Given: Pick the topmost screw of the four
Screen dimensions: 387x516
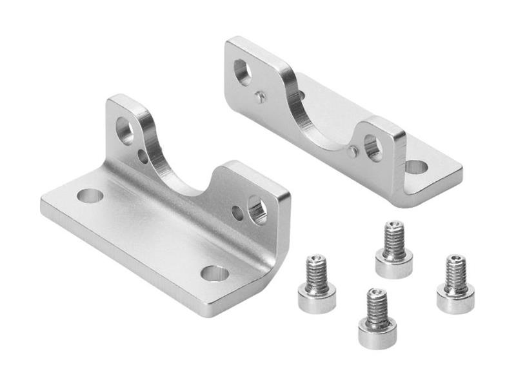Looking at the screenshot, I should pyautogui.click(x=394, y=250).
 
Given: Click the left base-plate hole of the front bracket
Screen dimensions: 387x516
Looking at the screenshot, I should pyautogui.click(x=90, y=195).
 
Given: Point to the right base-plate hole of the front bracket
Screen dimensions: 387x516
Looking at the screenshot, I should pyautogui.click(x=215, y=273).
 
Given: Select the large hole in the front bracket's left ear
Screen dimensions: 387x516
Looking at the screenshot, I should pyautogui.click(x=125, y=131).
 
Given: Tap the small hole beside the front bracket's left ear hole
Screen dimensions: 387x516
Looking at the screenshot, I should pyautogui.click(x=143, y=156).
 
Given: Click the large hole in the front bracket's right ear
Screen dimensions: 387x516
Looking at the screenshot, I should pyautogui.click(x=257, y=210).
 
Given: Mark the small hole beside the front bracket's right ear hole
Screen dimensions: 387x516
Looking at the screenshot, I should pyautogui.click(x=238, y=213).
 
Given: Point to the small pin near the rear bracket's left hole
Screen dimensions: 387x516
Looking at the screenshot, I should pyautogui.click(x=260, y=97).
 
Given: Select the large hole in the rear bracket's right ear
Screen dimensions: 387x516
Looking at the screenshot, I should pyautogui.click(x=373, y=147).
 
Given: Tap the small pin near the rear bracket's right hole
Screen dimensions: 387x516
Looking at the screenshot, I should pyautogui.click(x=352, y=152).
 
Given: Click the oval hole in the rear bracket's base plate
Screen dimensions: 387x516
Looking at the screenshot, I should pyautogui.click(x=416, y=167).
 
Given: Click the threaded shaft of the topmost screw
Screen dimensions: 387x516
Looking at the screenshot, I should pyautogui.click(x=393, y=239).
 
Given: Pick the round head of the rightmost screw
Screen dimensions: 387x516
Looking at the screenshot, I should pyautogui.click(x=455, y=298).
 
